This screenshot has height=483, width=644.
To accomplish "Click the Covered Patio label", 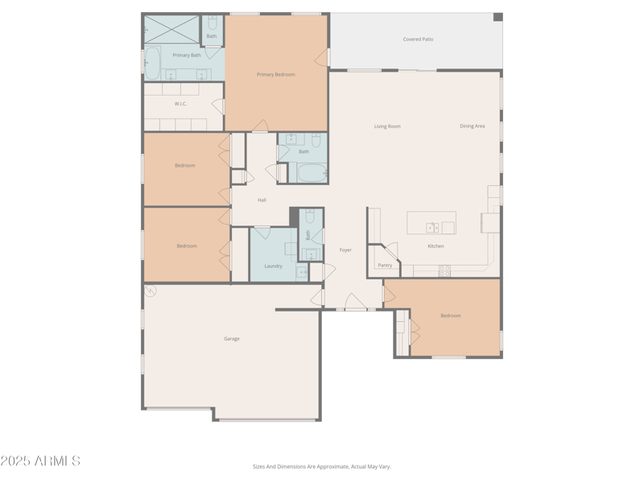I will coord(418,39).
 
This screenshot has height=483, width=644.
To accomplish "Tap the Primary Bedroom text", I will coord(276,75).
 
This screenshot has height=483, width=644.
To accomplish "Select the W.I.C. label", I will coord(180,104).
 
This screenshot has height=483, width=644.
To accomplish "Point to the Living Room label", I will coord(387,126).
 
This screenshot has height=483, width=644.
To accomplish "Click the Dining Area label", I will coord(473,126).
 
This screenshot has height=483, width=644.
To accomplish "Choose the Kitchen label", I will coord(436,246).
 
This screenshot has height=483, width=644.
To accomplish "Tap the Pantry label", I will coord(385,266).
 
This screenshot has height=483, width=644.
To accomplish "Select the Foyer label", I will coord(345,250).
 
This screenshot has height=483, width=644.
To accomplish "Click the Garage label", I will coord(232,339).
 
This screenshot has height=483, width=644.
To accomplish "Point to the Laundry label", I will coord(274,266).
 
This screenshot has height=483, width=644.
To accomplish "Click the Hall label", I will coord(262,200).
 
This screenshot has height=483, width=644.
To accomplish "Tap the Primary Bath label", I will coord(187,56).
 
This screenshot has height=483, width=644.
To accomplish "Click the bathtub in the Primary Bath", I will coord(152,64).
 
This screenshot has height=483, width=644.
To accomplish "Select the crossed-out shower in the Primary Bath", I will coord(171,29).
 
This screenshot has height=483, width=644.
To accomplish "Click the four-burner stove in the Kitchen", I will coord(444,270).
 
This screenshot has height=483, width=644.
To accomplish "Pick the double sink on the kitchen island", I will coord(433,227).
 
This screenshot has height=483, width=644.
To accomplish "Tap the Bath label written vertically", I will coord(308,235).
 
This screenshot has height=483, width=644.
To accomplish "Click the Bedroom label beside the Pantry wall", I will coord(451,316).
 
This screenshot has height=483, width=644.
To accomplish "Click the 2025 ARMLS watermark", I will coord(40,461).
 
